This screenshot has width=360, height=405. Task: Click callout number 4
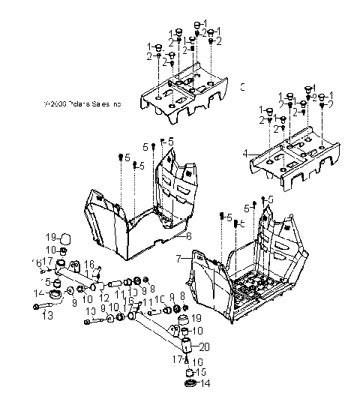point(244,153)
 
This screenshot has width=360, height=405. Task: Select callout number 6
point(188,235)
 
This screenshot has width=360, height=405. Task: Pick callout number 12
point(104,298)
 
